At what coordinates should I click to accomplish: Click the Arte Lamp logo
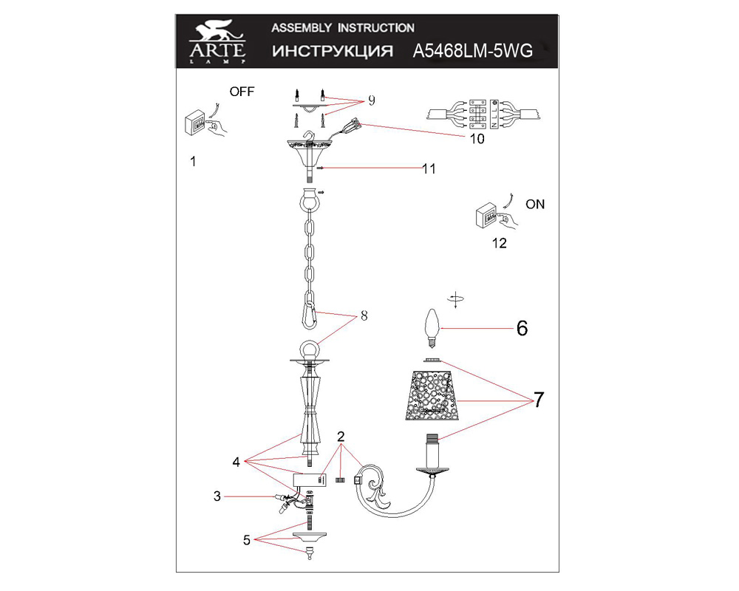(217, 41)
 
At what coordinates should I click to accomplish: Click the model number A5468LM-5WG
(473, 50)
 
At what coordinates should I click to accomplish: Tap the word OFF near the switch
(242, 92)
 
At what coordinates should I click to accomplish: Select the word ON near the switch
(535, 204)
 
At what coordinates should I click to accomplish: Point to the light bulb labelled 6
(432, 327)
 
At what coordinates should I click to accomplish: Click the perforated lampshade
(432, 395)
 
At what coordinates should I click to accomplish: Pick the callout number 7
(538, 399)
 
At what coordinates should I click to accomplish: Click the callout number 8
(364, 315)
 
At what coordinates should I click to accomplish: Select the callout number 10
(477, 139)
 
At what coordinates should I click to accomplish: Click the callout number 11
(429, 168)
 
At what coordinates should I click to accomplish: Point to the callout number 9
(372, 100)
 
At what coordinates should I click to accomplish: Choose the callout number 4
(236, 462)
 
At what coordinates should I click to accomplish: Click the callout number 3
(217, 496)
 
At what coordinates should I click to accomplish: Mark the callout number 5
(247, 540)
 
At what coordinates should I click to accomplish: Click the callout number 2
(341, 437)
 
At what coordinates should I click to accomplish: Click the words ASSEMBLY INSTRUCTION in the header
(343, 28)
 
